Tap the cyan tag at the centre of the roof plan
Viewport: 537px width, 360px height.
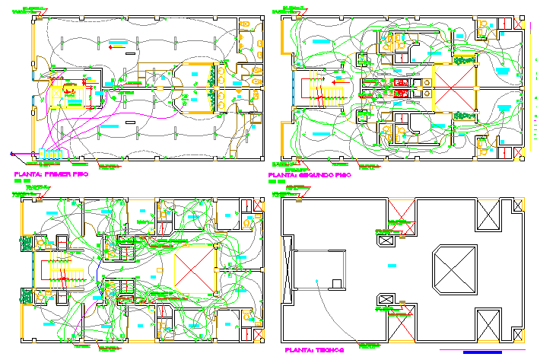tap(392, 263)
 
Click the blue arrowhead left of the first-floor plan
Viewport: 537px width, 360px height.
tap(14, 154)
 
